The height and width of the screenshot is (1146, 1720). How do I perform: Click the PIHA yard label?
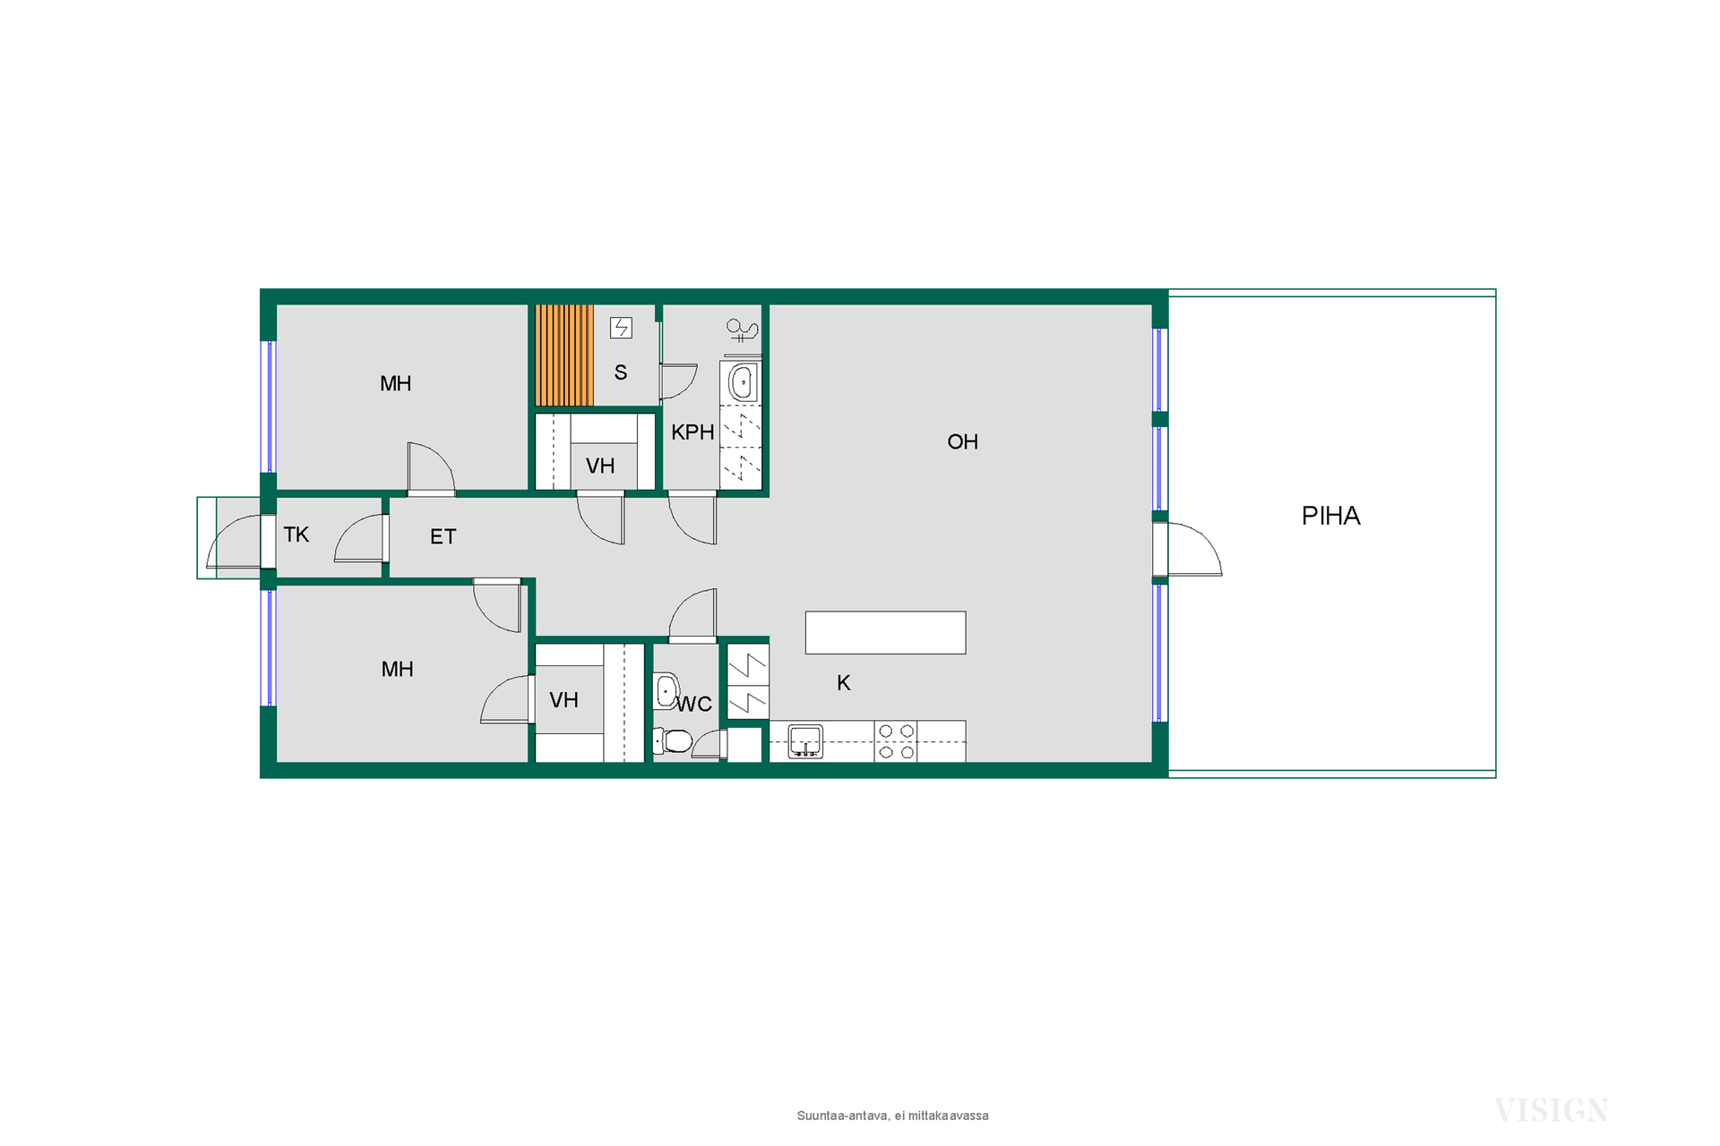1330,516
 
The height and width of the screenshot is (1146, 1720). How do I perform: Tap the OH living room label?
962,441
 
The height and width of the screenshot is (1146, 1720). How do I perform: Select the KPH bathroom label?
692,432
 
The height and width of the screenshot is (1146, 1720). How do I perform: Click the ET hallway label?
443,536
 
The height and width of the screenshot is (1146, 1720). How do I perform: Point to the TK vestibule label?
296,535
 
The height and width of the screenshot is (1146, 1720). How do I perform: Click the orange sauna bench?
564,355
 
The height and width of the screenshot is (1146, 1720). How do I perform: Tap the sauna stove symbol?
621,328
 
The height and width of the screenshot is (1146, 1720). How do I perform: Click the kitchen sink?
805,741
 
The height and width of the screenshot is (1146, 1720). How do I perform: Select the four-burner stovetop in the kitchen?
896,741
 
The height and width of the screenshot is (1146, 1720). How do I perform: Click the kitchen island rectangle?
885,632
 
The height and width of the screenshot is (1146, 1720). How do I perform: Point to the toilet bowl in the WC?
673,740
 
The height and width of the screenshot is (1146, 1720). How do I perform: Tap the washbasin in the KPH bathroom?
741,383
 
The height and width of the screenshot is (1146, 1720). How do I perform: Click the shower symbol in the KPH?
742,331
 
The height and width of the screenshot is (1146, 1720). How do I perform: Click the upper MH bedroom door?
431,468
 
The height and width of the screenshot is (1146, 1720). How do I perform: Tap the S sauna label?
620,372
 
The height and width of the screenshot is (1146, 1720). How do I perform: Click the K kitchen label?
843,683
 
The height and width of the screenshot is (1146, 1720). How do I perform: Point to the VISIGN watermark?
1552,1110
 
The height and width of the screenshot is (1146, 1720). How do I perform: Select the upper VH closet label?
600,466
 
